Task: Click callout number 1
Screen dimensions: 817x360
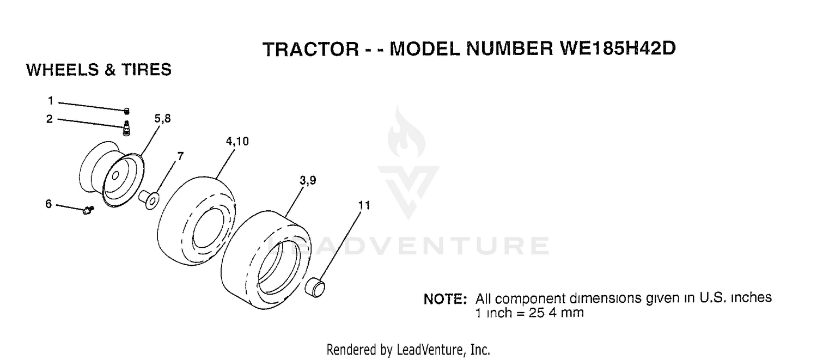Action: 51,100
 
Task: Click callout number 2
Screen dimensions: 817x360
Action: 50,119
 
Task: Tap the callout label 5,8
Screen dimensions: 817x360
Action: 162,119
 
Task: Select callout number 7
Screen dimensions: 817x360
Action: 180,156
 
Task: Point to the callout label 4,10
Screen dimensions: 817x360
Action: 237,141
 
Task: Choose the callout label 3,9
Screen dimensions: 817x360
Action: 308,180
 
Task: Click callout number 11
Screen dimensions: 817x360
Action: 364,206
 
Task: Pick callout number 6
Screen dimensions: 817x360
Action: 48,204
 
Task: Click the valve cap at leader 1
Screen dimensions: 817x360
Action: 126,111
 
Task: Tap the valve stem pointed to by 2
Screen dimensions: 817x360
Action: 126,128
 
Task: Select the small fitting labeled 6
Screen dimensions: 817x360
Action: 88,210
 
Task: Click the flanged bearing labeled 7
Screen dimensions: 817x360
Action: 149,199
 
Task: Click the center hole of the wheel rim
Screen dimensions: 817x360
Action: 115,176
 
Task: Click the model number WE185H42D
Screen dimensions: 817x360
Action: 617,48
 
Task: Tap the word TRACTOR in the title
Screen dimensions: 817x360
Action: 311,49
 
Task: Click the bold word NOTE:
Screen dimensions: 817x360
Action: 446,300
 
